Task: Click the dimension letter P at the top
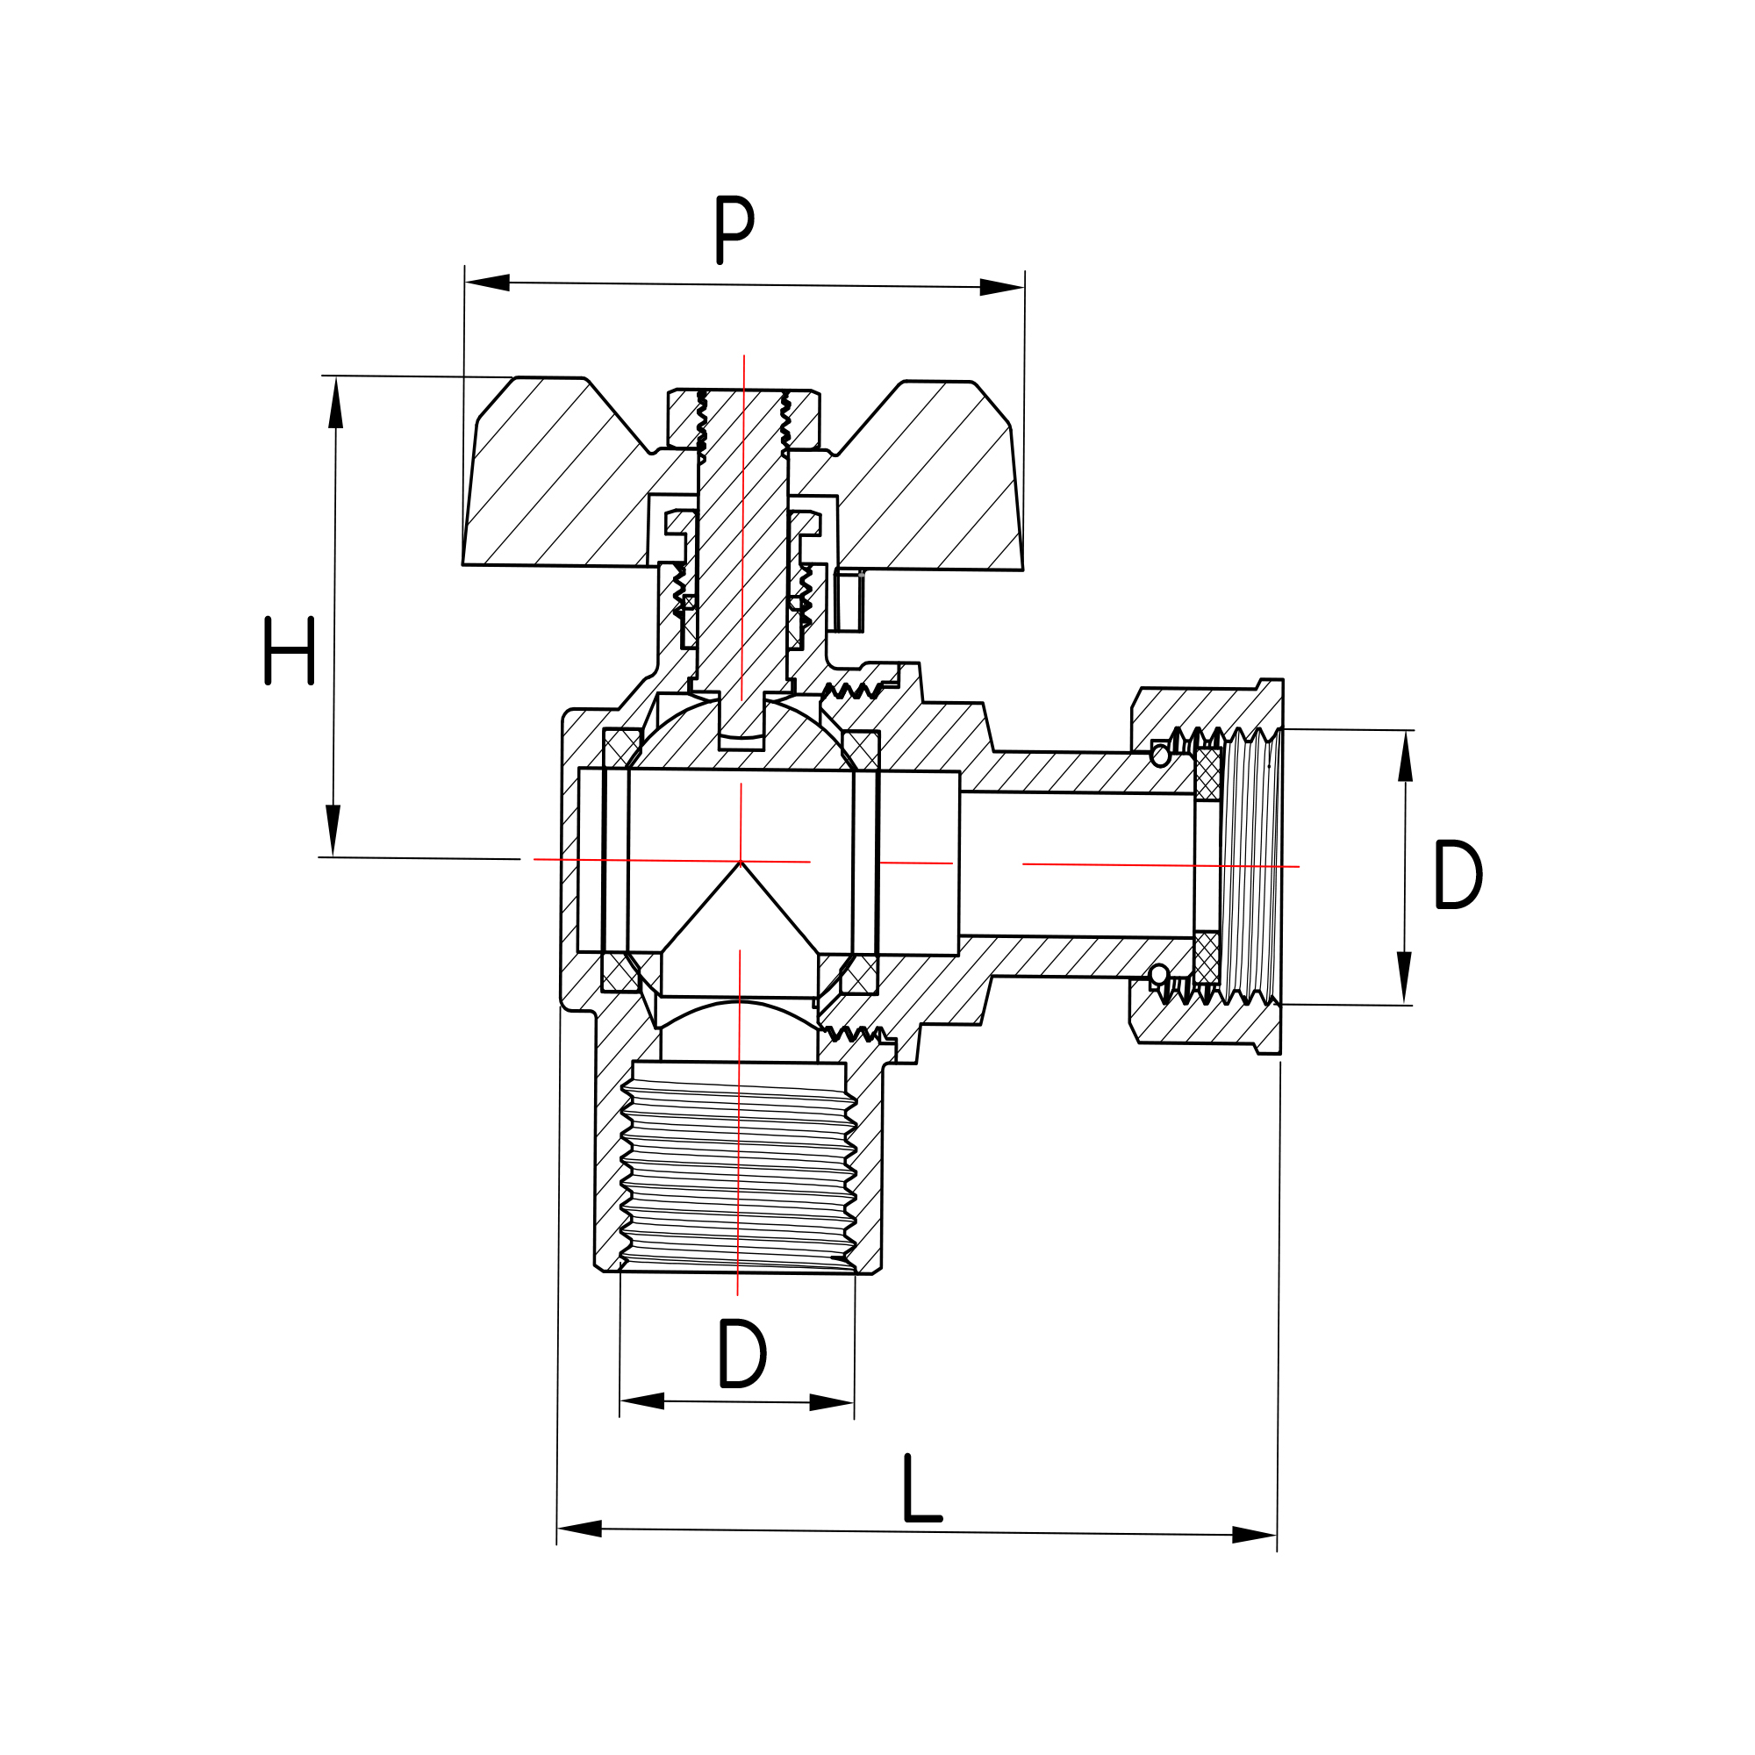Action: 734,229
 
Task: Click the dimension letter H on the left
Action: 289,650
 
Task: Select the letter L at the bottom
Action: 921,1488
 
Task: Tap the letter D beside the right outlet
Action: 1457,874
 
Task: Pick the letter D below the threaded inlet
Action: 741,1353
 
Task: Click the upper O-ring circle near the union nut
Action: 1160,756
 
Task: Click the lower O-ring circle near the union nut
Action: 1159,976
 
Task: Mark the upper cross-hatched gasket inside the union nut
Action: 1207,774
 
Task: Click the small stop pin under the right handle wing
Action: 849,600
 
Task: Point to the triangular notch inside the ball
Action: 740,927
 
